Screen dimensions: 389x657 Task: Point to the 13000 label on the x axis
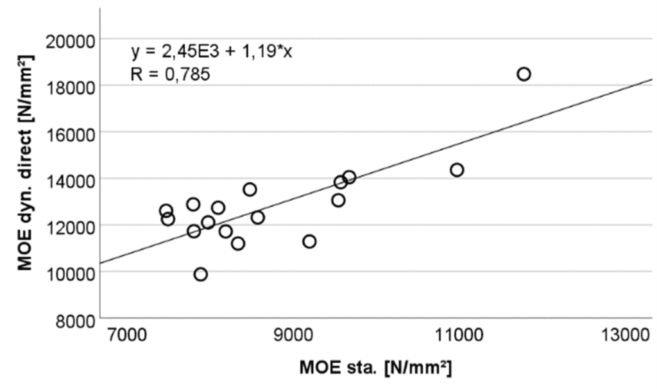[x=627, y=336]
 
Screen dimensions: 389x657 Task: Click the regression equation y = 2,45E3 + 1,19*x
[x=212, y=52]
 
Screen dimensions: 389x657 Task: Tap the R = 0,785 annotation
[x=170, y=74]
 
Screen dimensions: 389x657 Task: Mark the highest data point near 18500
[x=524, y=74]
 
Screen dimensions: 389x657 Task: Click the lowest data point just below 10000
[x=201, y=274]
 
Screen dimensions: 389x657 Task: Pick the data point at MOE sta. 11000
[x=457, y=170]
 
